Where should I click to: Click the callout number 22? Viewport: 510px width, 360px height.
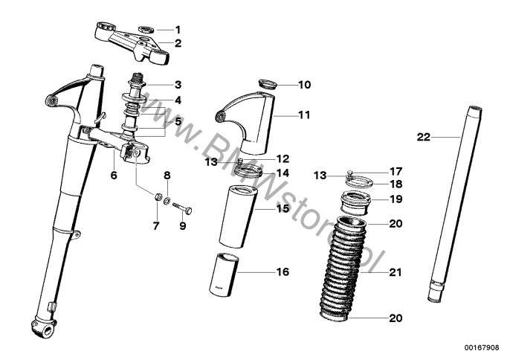point(424,138)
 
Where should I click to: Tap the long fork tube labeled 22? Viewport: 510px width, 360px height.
point(455,204)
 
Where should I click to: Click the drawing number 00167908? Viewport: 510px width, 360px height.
point(482,348)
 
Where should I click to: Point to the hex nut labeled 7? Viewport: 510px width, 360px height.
point(158,196)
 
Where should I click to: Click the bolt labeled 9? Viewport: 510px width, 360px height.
point(183,208)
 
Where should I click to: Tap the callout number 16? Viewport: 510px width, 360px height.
point(283,271)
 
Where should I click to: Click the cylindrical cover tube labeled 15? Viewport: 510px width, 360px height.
point(238,216)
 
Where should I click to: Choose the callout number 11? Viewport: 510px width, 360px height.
point(305,115)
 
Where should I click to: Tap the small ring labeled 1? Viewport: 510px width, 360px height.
point(146,30)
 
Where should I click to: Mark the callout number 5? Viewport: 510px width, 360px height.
point(178,122)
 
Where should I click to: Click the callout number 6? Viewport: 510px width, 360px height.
point(114,176)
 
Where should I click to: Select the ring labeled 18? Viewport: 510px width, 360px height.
point(360,181)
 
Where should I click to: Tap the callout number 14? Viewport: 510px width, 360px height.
point(283,173)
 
